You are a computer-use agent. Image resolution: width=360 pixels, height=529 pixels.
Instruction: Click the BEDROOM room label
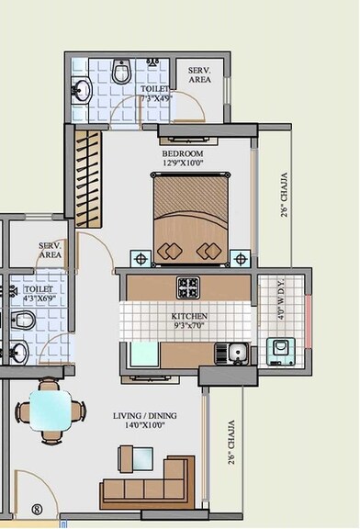(x=183, y=153)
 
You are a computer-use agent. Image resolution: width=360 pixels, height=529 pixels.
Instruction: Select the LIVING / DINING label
(x=146, y=416)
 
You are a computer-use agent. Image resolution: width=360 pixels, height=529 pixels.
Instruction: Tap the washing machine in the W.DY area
(x=277, y=350)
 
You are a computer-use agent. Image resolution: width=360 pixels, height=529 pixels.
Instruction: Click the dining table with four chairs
(x=47, y=411)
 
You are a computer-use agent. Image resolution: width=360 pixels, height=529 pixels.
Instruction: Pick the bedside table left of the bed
(x=141, y=256)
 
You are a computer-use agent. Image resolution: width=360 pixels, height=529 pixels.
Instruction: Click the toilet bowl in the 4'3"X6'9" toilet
(x=26, y=321)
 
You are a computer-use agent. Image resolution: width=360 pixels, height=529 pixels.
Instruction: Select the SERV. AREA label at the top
(x=200, y=75)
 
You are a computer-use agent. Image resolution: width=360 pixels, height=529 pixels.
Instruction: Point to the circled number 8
(x=38, y=508)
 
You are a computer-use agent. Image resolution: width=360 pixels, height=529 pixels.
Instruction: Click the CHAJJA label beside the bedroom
(x=284, y=195)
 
